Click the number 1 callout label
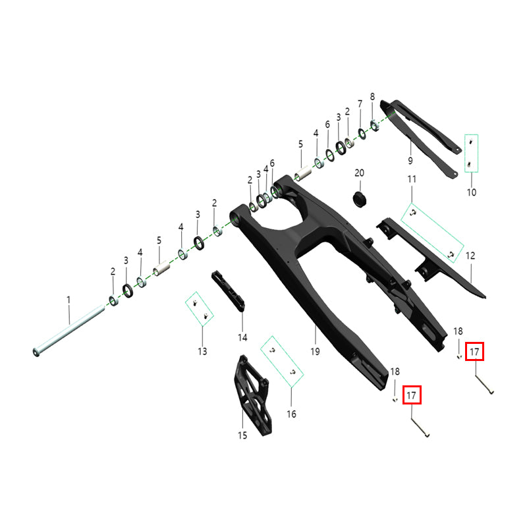(69, 300)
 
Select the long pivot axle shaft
(69, 331)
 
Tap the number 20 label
(359, 173)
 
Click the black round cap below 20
(360, 200)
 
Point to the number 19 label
(315, 352)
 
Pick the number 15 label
(242, 435)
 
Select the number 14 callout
(242, 337)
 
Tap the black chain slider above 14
(228, 292)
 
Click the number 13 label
(202, 352)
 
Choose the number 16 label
(291, 414)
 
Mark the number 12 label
(470, 256)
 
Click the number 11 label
(412, 179)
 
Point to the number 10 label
(472, 192)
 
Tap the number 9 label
(410, 161)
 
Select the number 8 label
(372, 97)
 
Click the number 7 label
(360, 104)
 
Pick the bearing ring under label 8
(374, 126)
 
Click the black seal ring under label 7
(362, 134)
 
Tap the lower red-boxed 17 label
(411, 395)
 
